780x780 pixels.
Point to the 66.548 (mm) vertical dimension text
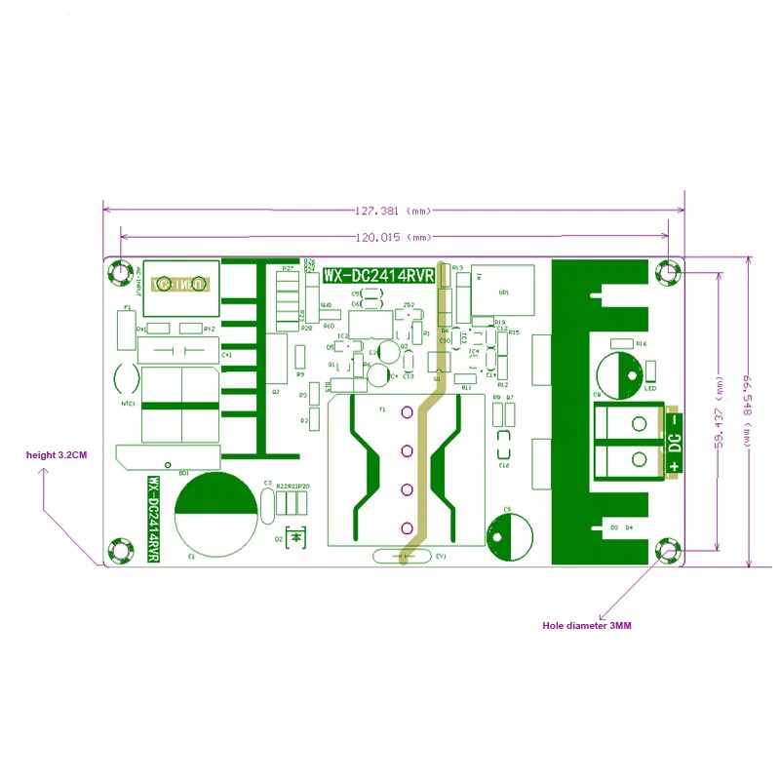click(x=749, y=409)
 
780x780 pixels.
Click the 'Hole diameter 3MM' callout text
click(x=587, y=625)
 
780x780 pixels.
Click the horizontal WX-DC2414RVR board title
click(x=378, y=276)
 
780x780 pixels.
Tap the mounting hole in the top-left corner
click(x=120, y=272)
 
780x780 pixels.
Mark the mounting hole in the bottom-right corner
click(x=668, y=550)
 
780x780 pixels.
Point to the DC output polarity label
click(x=674, y=443)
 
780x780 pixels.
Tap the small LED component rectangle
click(x=649, y=371)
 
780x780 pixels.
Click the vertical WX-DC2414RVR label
click(x=153, y=518)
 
